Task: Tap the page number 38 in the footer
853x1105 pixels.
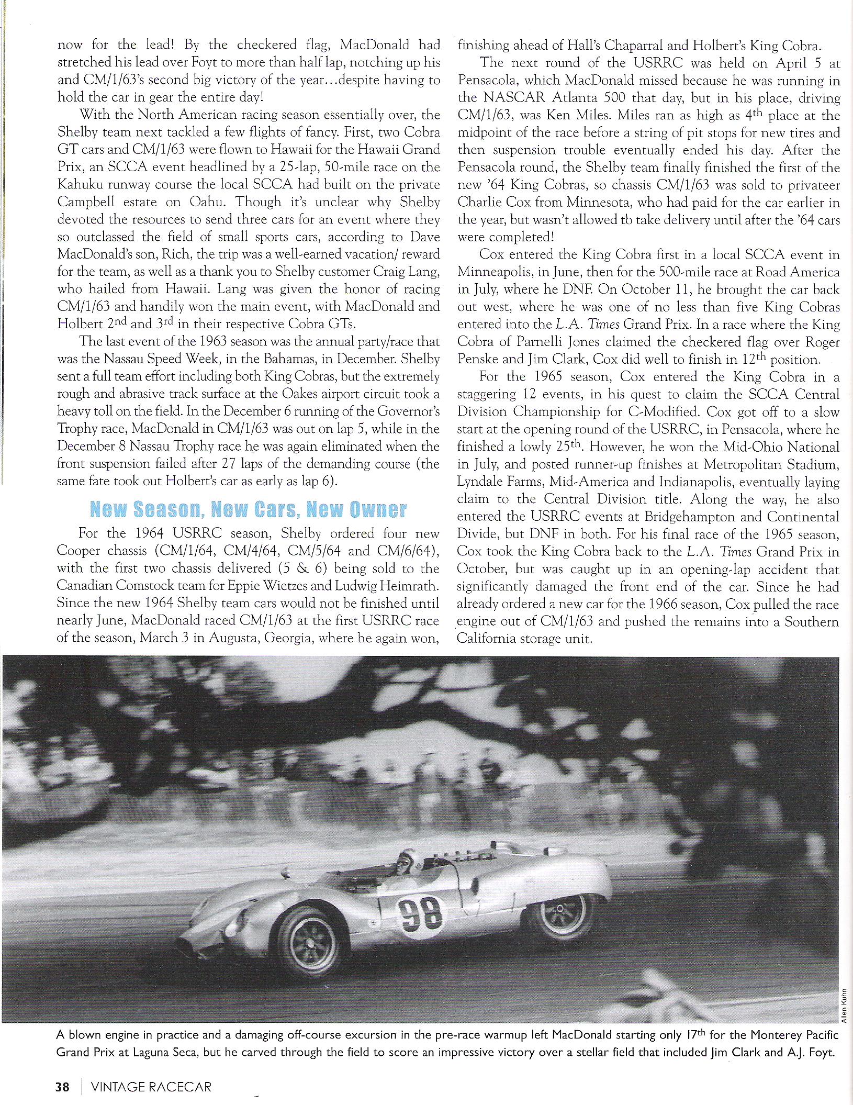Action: [x=62, y=1087]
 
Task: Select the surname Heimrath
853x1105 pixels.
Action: [x=406, y=586]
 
